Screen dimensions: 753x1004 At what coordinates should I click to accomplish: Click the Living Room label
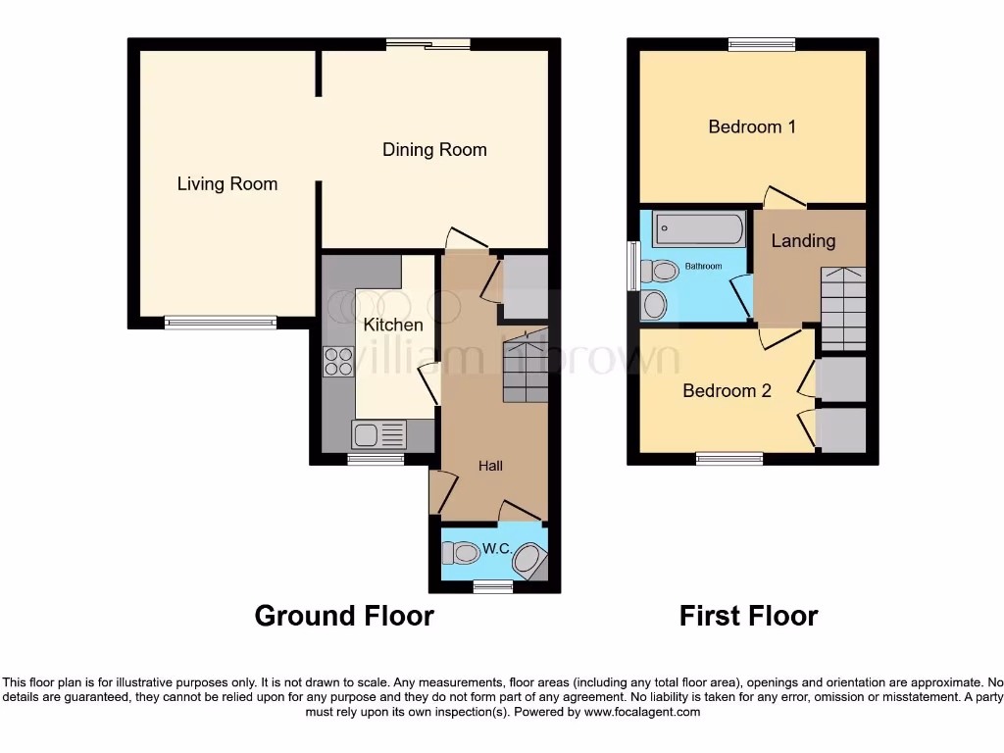tap(226, 183)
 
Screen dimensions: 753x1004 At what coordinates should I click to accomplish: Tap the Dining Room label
tap(434, 150)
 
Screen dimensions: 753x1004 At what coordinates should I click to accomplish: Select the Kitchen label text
tap(393, 325)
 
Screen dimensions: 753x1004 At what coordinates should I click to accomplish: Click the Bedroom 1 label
tap(752, 126)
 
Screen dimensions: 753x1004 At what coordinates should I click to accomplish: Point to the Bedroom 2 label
tap(727, 390)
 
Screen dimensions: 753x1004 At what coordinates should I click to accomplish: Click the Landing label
tap(803, 241)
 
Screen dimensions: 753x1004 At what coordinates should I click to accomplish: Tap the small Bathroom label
tap(703, 267)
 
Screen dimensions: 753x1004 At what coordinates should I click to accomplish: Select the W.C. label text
tap(496, 549)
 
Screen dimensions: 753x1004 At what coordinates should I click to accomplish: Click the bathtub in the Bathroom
tap(697, 229)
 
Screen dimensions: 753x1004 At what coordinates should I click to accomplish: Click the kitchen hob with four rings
tap(338, 363)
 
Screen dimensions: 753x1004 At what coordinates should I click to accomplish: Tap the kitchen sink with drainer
tap(378, 432)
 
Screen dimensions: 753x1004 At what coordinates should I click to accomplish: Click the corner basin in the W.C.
tap(530, 562)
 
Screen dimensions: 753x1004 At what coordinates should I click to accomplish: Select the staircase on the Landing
tap(843, 309)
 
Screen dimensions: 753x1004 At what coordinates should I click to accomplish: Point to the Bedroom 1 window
tap(762, 44)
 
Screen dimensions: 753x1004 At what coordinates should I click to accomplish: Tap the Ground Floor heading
tap(343, 616)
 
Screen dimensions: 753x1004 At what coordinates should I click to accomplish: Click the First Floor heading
tap(748, 616)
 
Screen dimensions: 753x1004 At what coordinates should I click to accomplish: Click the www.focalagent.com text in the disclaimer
tap(641, 712)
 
